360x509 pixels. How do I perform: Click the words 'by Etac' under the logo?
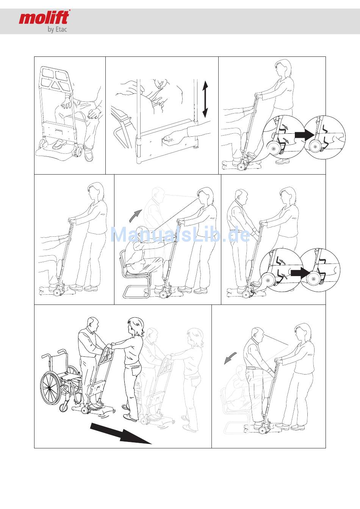pyautogui.click(x=57, y=29)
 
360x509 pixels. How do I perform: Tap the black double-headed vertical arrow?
pyautogui.click(x=205, y=99)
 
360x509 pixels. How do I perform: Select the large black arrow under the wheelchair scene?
pyautogui.click(x=121, y=433)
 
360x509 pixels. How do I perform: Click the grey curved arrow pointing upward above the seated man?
pyautogui.click(x=135, y=215)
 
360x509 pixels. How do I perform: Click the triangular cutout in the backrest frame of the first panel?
pyautogui.click(x=55, y=85)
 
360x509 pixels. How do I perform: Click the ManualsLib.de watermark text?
pyautogui.click(x=180, y=234)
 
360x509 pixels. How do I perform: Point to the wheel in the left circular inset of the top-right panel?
pyautogui.click(x=273, y=148)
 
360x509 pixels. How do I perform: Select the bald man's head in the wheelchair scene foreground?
pyautogui.click(x=93, y=325)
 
